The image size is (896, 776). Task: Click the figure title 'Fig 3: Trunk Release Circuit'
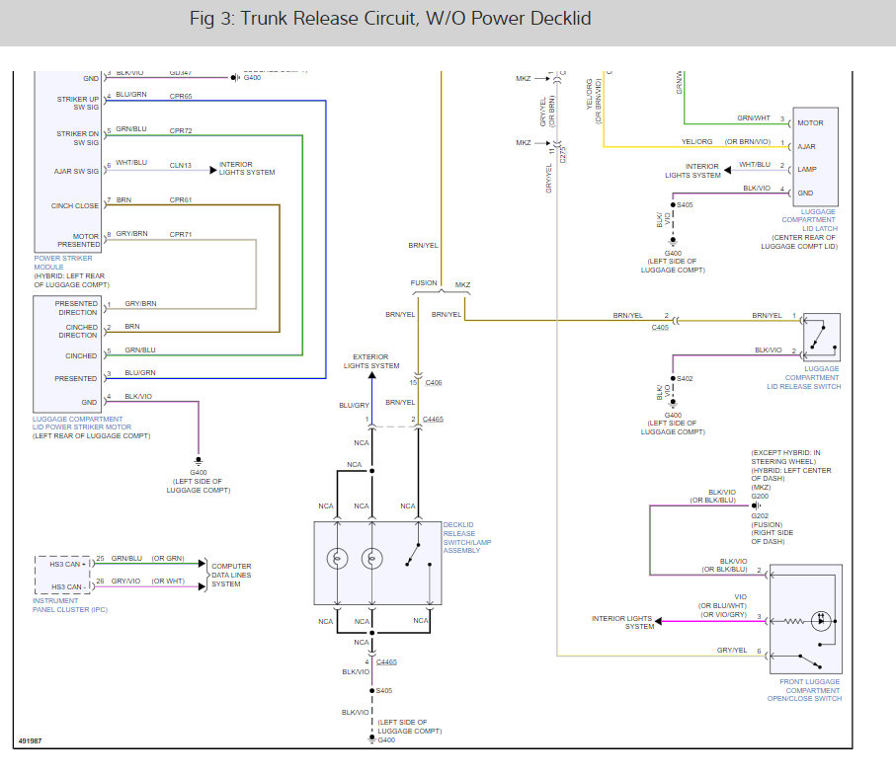click(x=390, y=19)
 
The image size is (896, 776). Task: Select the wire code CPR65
click(x=181, y=97)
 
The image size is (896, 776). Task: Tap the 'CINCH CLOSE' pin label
click(x=76, y=205)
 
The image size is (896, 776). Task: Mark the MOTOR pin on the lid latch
click(x=810, y=121)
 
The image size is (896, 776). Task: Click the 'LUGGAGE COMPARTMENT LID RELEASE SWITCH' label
click(x=812, y=377)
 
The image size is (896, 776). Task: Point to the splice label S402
click(x=687, y=378)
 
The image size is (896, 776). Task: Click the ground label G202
click(x=760, y=515)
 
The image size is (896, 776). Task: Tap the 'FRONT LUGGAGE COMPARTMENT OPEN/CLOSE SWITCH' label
click(x=804, y=690)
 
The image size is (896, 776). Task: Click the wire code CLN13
click(x=181, y=165)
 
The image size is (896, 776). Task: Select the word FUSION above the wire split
click(x=424, y=283)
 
